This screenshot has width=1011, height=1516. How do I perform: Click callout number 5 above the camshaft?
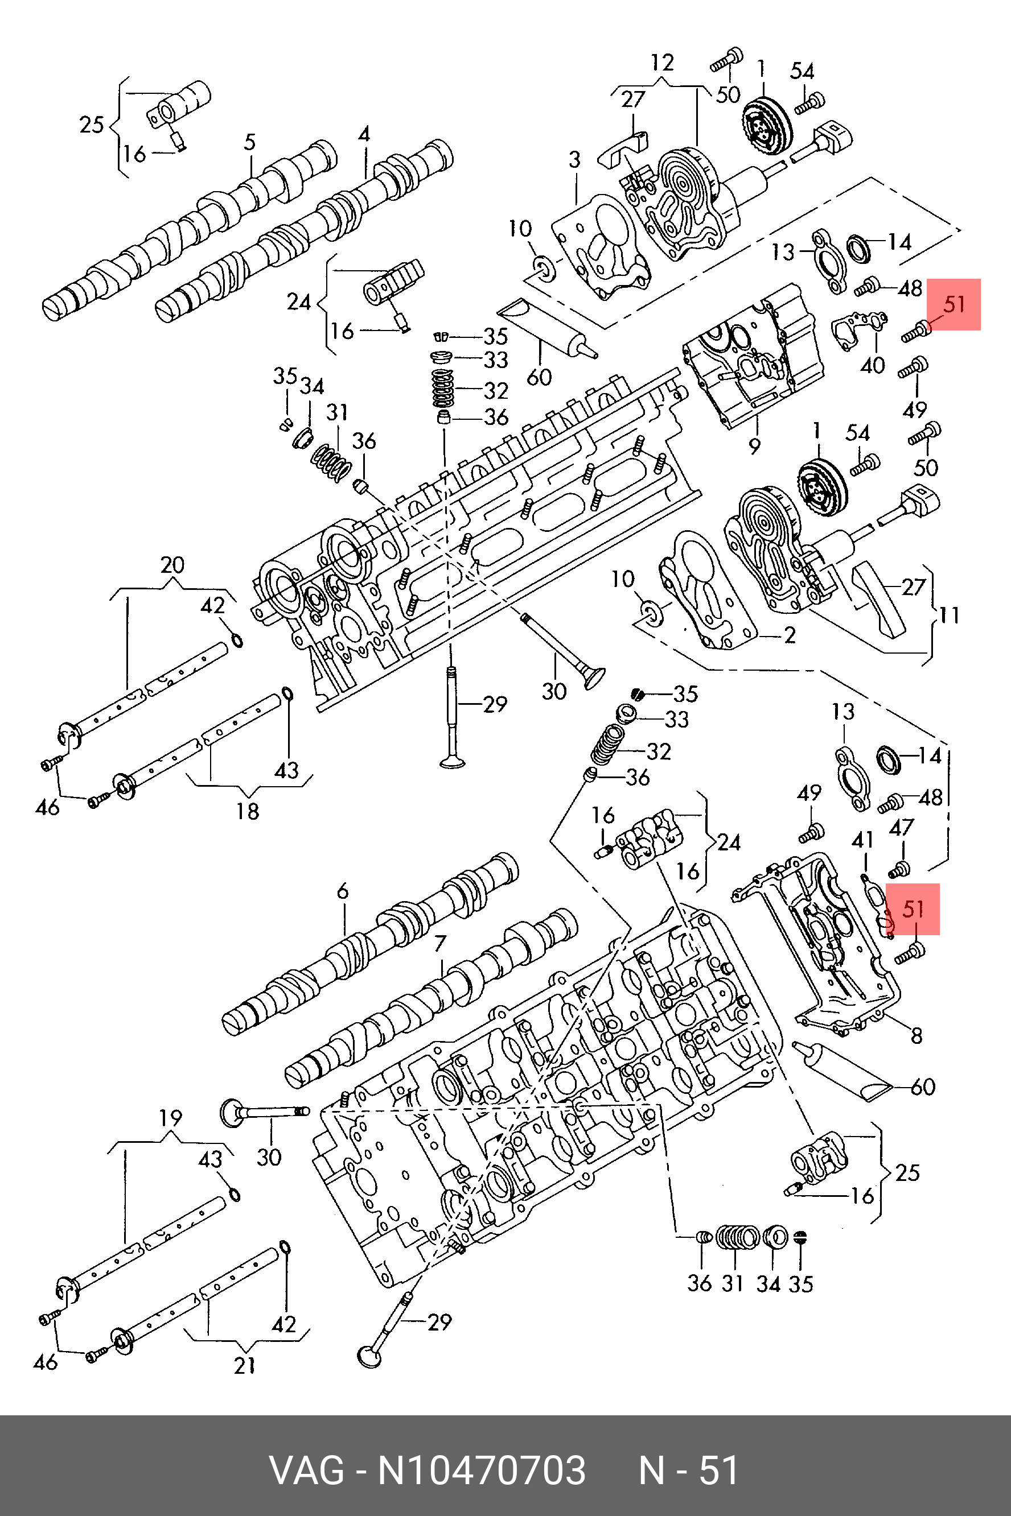point(250,142)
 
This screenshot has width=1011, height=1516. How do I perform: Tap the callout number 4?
point(364,134)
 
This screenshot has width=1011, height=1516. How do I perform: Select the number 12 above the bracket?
point(662,63)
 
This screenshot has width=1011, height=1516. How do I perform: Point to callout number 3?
point(574,159)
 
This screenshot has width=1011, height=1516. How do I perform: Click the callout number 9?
point(754,445)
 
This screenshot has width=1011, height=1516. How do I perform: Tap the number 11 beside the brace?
point(948,616)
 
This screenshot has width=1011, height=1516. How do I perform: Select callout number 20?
point(172,565)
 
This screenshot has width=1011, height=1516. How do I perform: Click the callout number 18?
point(248,811)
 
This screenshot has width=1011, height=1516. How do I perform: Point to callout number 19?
point(170,1117)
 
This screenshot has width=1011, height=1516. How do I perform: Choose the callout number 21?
point(245,1365)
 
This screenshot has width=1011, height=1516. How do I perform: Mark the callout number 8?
point(917,1035)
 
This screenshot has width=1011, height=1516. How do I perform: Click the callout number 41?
point(862,840)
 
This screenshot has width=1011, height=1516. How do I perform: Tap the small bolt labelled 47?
point(898,870)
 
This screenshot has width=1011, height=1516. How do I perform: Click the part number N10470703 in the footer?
point(481,1471)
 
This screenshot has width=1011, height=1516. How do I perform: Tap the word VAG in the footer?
point(306,1471)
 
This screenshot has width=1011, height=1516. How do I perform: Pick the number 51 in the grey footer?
point(719,1471)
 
